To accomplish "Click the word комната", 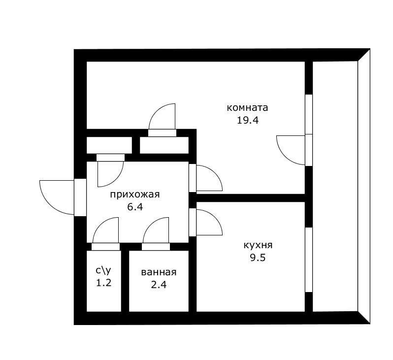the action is point(247,108).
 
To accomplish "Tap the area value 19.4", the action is point(248,121).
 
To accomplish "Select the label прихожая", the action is point(135,195).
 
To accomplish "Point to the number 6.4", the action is point(135,207).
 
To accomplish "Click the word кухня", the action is point(258,245).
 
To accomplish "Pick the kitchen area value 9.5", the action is point(258,258).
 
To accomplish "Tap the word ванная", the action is point(159,272).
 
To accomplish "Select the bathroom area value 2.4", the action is point(159,285).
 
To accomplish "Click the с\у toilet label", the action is point(103,270).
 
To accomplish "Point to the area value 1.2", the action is point(104,283).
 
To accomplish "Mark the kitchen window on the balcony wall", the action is point(309,260).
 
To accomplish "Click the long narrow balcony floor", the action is point(335,186).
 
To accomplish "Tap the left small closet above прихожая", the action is point(109,145).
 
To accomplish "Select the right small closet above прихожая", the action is point(164,145).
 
